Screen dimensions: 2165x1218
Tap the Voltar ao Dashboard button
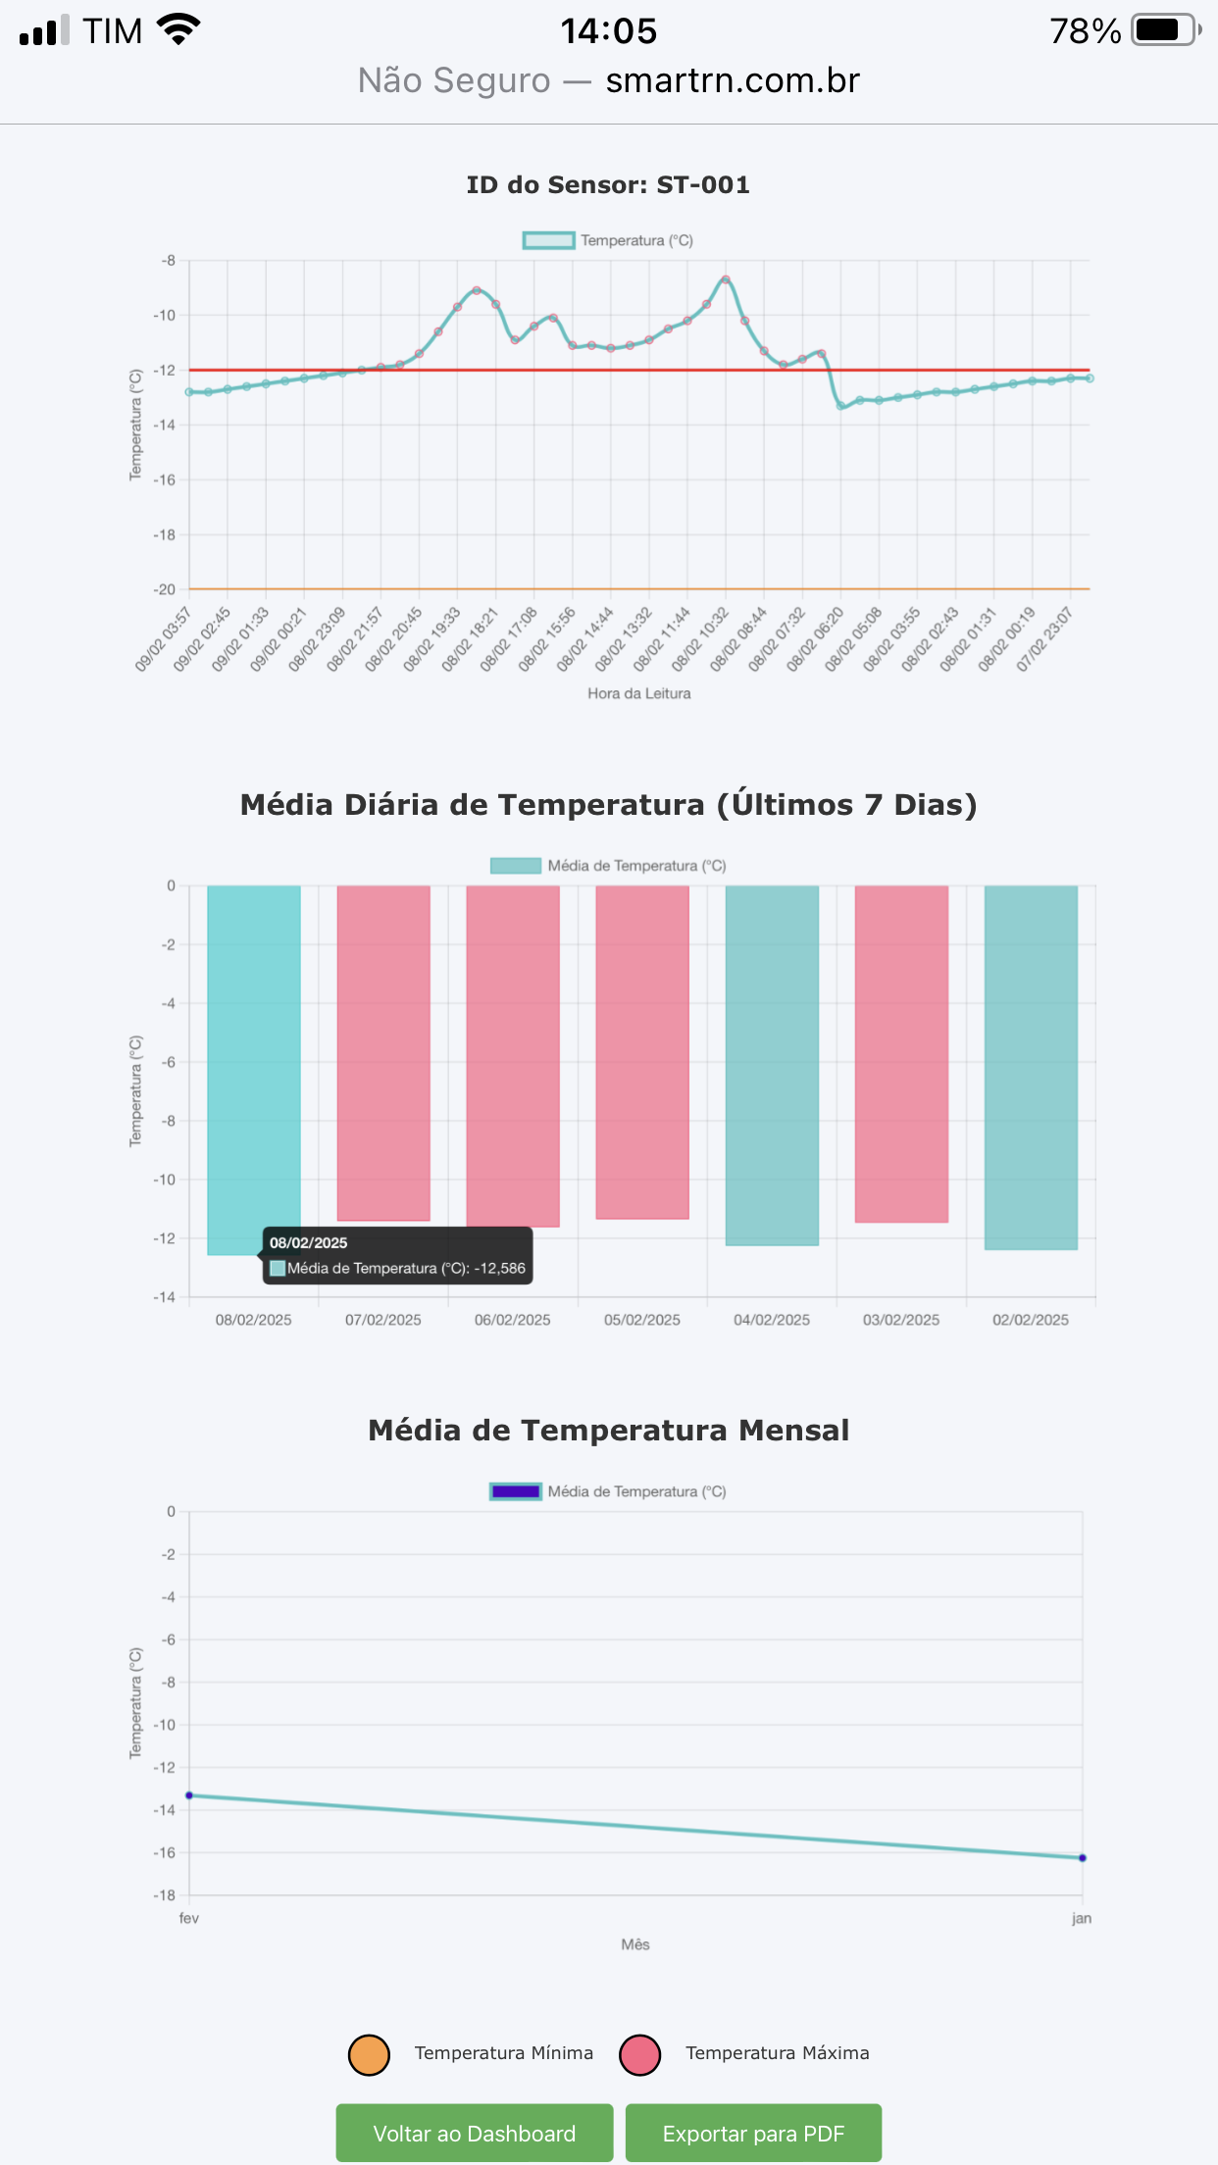point(475,2133)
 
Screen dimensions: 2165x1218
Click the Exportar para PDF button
point(753,2133)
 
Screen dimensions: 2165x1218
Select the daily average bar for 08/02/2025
point(253,1059)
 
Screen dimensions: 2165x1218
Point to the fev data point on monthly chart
point(189,1795)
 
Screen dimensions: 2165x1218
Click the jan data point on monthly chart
point(1083,1858)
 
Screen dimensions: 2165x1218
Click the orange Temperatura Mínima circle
point(369,2054)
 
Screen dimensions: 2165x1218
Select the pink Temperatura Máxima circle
point(640,2054)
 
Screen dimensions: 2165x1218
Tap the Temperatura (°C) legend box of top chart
point(548,240)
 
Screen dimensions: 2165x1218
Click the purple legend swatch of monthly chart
point(516,1491)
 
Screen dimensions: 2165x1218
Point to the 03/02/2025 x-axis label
point(901,1320)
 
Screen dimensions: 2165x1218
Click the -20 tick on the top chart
point(165,589)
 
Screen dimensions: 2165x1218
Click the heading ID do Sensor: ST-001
point(608,184)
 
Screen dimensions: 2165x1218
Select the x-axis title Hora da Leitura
point(639,693)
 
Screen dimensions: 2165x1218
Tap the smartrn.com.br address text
point(733,80)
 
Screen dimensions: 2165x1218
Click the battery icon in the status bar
point(1165,30)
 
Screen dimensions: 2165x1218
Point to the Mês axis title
point(635,1944)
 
